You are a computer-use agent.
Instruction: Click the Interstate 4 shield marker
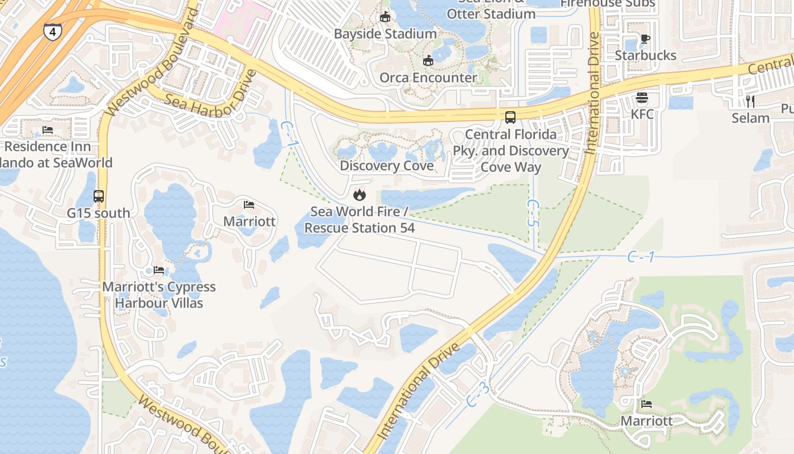point(53,32)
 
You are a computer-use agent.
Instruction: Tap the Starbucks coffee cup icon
point(645,39)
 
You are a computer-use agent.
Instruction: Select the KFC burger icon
point(642,98)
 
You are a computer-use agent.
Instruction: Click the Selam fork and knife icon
point(750,102)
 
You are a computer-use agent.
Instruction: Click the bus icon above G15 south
point(99,196)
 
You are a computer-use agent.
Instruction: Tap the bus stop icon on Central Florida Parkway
point(510,117)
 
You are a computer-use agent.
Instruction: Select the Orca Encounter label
point(428,77)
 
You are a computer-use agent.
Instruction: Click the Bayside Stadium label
point(385,33)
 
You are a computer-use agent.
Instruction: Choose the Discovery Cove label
point(387,166)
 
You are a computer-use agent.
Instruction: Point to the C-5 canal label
point(531,213)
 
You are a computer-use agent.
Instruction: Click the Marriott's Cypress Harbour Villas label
point(159,295)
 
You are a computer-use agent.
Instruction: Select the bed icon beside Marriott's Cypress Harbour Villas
point(159,270)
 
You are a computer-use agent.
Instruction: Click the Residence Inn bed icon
point(48,130)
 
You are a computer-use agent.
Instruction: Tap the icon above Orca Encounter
point(428,60)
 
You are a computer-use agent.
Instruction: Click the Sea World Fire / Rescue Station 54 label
point(360,220)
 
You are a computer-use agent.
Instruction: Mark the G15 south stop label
point(99,213)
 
